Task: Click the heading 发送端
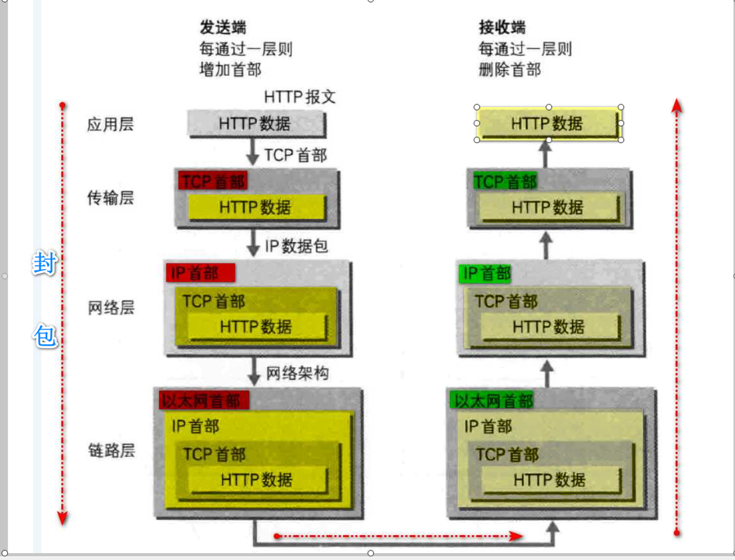(x=223, y=27)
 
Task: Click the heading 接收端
(x=502, y=27)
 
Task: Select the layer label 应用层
(x=110, y=124)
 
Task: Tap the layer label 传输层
(x=110, y=198)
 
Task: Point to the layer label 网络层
(x=111, y=308)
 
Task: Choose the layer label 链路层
(x=111, y=450)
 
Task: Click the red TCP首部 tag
(x=213, y=181)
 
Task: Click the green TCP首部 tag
(x=505, y=181)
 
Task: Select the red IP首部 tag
(x=200, y=273)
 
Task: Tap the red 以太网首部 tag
(x=203, y=401)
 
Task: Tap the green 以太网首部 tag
(x=491, y=401)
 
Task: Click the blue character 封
(x=45, y=263)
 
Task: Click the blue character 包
(x=45, y=335)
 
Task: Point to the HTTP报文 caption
(x=299, y=97)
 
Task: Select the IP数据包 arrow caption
(x=296, y=246)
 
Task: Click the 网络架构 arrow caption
(x=297, y=373)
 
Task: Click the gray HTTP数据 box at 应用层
(x=256, y=124)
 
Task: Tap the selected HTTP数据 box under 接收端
(x=548, y=123)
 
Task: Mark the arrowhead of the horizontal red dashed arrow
(x=517, y=536)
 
